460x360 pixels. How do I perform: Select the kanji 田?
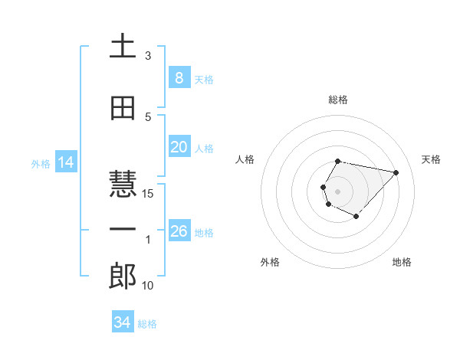pyautogui.click(x=123, y=108)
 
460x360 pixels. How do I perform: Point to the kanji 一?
pyautogui.click(x=123, y=230)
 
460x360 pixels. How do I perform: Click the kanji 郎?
pyautogui.click(x=123, y=277)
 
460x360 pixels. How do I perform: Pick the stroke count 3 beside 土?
pyautogui.click(x=148, y=56)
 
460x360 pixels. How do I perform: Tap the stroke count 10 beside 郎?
pyautogui.click(x=148, y=286)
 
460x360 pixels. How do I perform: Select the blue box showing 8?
pyautogui.click(x=179, y=78)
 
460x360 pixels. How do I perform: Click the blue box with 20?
pyautogui.click(x=179, y=147)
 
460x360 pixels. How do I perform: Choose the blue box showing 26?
pyautogui.click(x=179, y=231)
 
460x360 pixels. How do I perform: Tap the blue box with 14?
pyautogui.click(x=65, y=162)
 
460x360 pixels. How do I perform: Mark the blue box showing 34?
pyautogui.click(x=122, y=323)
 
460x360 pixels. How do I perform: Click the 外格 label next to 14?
pyautogui.click(x=41, y=163)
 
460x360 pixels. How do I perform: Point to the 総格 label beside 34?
pyautogui.click(x=147, y=324)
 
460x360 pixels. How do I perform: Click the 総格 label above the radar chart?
pyautogui.click(x=338, y=100)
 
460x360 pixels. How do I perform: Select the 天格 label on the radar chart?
pyautogui.click(x=431, y=159)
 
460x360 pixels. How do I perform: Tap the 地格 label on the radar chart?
pyautogui.click(x=402, y=262)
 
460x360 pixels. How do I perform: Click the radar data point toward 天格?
pyautogui.click(x=396, y=172)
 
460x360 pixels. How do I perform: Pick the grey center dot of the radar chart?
pyautogui.click(x=337, y=190)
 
